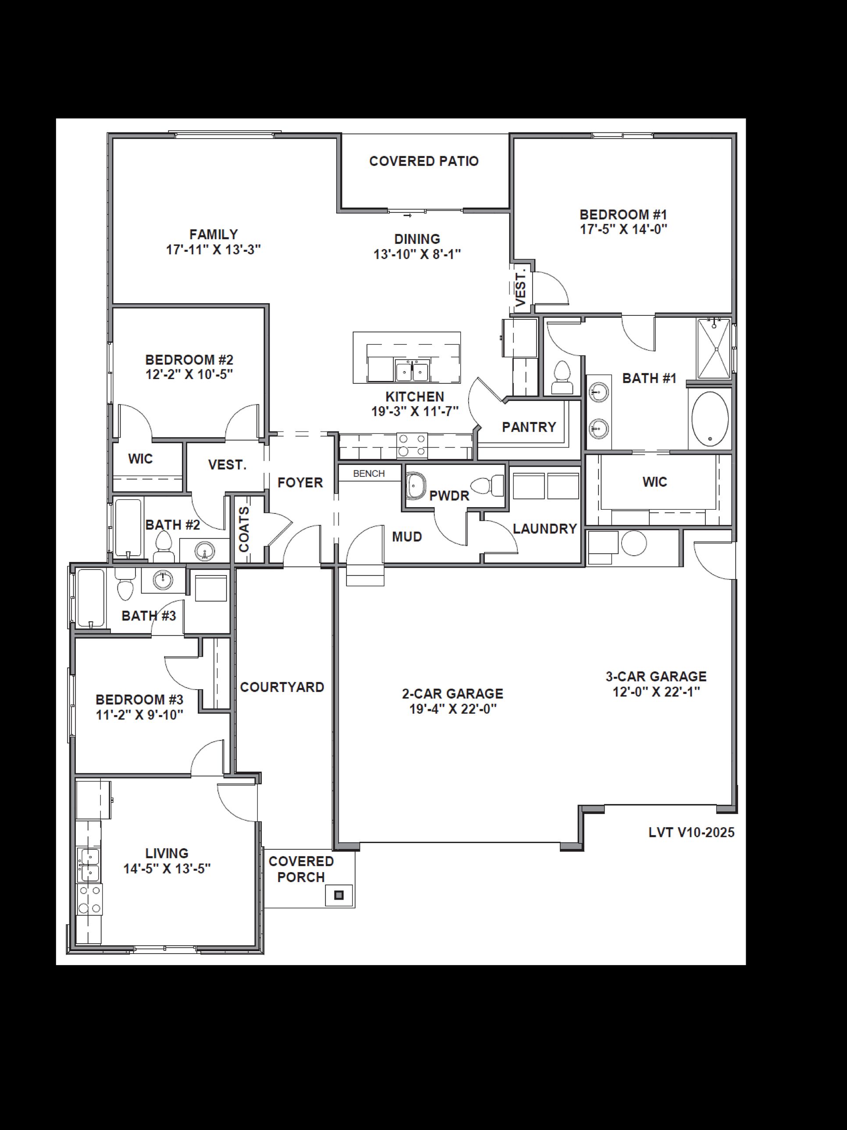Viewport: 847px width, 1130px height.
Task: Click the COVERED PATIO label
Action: [424, 161]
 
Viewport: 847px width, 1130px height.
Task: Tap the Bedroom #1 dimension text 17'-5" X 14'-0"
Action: [623, 229]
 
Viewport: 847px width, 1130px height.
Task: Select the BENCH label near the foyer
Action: [369, 474]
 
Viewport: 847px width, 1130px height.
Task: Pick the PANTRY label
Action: [529, 427]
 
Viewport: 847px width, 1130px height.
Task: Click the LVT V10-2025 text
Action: [691, 833]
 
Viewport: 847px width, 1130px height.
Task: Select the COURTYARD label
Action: [282, 687]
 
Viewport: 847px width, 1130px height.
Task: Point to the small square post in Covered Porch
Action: [338, 895]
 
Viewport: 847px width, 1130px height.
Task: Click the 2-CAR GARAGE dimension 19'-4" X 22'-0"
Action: [453, 709]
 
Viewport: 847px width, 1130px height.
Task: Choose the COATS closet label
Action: [245, 529]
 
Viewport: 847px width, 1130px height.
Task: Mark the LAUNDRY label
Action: [545, 529]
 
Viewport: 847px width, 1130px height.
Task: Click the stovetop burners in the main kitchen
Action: [413, 444]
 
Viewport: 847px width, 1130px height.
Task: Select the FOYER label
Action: [300, 483]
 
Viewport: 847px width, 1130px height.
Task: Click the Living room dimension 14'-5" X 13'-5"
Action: [167, 869]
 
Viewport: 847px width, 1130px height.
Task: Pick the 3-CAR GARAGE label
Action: [656, 676]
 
